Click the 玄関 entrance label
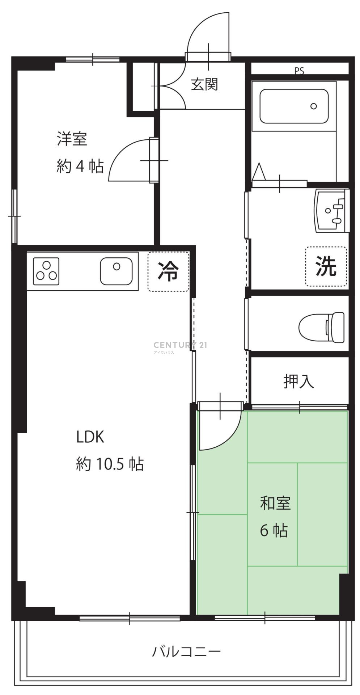[x=205, y=84]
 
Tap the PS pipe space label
[x=299, y=71]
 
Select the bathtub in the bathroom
[x=294, y=106]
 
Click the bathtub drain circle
[x=313, y=106]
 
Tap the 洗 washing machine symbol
[x=326, y=266]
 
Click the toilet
[x=321, y=327]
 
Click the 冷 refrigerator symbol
[x=168, y=271]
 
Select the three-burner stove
[x=46, y=271]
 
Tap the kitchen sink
[x=116, y=271]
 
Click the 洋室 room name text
[x=72, y=139]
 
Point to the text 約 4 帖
[x=80, y=166]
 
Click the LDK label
[x=90, y=437]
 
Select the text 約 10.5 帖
[x=110, y=464]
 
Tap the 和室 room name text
[x=275, y=503]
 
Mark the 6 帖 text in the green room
[x=274, y=530]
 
